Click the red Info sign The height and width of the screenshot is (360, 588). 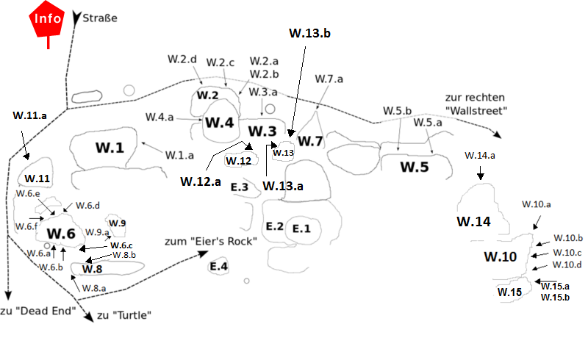47,20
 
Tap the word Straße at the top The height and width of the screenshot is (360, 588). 100,18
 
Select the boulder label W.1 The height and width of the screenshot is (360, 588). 110,148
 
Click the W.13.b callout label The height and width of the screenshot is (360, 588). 309,33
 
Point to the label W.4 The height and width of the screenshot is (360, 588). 219,122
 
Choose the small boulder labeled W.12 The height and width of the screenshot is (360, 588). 241,159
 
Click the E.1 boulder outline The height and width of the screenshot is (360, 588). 303,229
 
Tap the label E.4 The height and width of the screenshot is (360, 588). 218,266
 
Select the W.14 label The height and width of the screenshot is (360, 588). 473,222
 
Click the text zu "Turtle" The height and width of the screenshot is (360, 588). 124,315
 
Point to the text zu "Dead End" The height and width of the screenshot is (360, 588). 38,311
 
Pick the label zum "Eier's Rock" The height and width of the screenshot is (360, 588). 211,241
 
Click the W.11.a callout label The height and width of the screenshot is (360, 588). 29,115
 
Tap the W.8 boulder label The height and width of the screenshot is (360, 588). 92,269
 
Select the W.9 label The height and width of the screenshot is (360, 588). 117,223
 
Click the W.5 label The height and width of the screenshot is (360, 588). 415,167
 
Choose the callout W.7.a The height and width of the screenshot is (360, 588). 329,79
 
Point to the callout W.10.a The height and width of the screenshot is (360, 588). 537,204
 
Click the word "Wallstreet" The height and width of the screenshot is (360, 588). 476,111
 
